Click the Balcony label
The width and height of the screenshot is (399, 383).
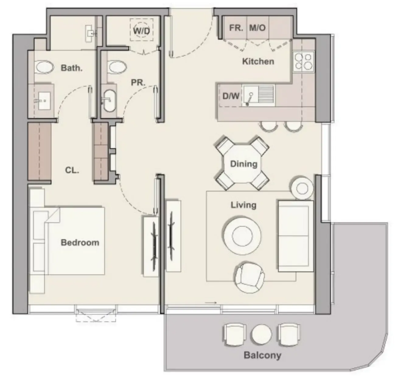[x=262, y=355]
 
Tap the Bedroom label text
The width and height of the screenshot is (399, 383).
[x=80, y=243]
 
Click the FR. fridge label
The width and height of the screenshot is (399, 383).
[x=236, y=28]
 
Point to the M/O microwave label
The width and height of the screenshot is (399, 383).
[x=257, y=28]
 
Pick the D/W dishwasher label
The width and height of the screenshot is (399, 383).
[x=231, y=96]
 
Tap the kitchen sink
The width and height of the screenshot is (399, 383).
[x=258, y=95]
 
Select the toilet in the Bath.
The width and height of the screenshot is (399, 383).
[x=44, y=67]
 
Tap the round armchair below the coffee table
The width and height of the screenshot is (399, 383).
[x=250, y=278]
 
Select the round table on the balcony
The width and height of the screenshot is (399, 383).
[x=261, y=334]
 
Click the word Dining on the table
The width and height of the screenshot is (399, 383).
[x=243, y=164]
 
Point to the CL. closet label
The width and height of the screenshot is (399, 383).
[x=72, y=170]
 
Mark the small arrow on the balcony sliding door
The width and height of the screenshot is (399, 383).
[x=211, y=303]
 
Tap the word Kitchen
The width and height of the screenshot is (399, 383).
[x=258, y=61]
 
